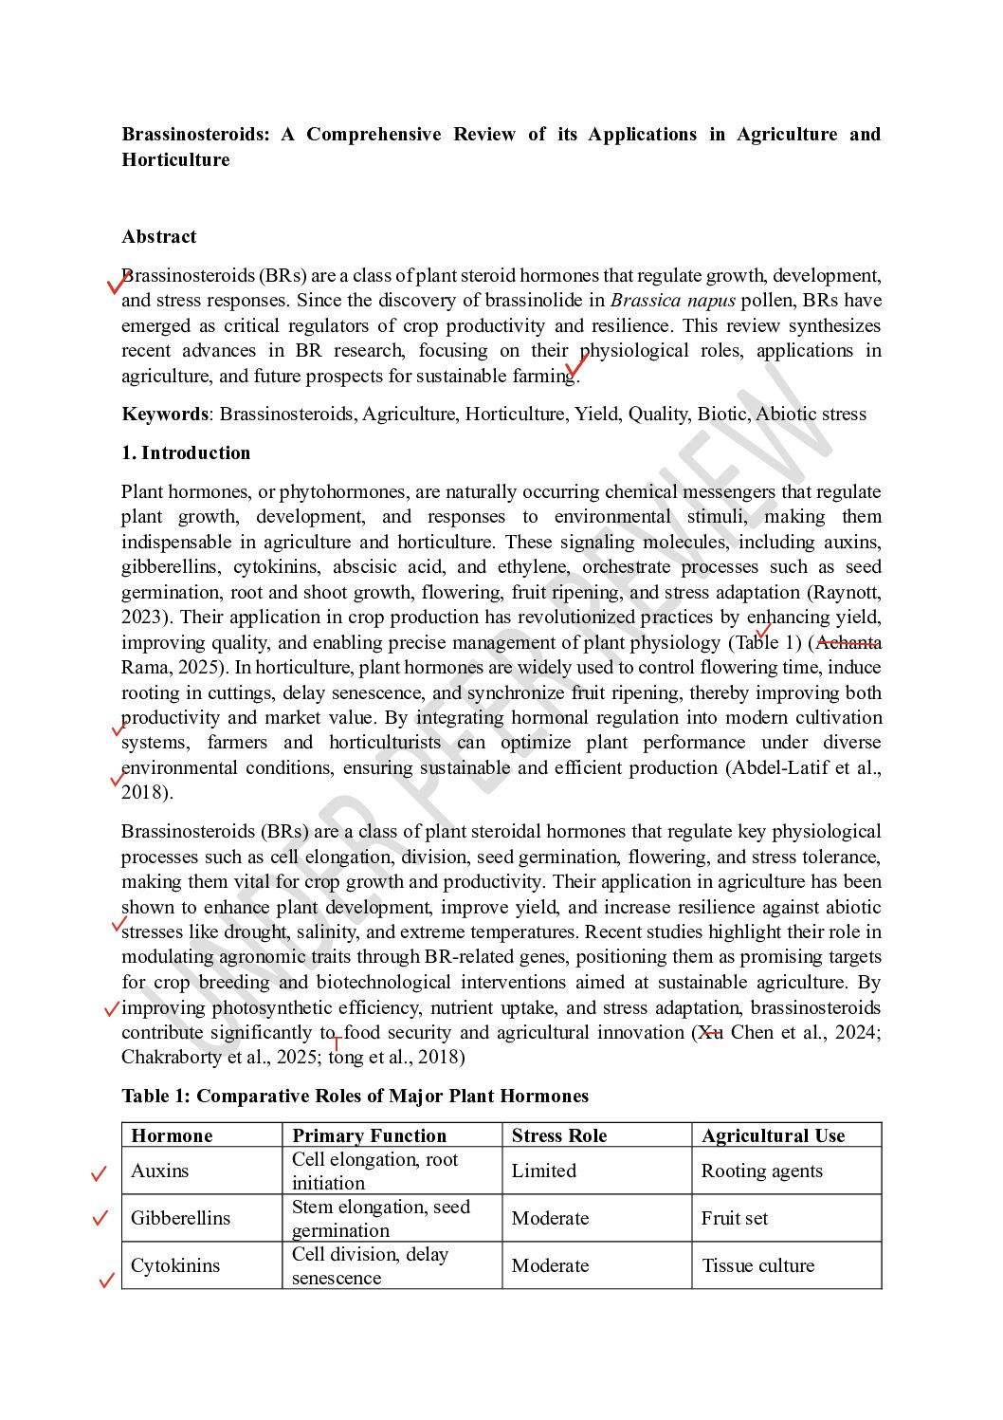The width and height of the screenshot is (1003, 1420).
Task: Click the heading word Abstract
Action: [x=159, y=237]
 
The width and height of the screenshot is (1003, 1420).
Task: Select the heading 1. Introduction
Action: [x=186, y=453]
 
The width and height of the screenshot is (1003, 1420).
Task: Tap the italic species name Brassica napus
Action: [x=673, y=301]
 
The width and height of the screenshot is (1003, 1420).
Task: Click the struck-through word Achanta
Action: [x=848, y=643]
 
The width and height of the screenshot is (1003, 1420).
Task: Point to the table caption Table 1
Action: [x=355, y=1097]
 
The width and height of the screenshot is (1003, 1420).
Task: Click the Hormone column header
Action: [x=172, y=1136]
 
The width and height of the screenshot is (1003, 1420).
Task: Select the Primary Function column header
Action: [x=369, y=1136]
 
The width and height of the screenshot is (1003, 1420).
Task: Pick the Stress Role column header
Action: [x=559, y=1136]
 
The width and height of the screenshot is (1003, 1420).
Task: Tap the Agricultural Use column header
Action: [x=773, y=1136]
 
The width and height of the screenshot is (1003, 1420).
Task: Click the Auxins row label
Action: [x=160, y=1171]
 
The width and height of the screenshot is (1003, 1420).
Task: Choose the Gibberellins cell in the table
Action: [x=180, y=1219]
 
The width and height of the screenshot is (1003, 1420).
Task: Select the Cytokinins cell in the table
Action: [x=175, y=1266]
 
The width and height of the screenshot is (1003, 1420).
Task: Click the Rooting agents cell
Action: [x=762, y=1171]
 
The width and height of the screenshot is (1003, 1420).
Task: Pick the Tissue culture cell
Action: [x=758, y=1266]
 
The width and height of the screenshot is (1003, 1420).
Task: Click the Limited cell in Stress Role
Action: [x=544, y=1171]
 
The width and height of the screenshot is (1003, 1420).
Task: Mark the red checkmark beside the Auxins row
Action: [x=99, y=1174]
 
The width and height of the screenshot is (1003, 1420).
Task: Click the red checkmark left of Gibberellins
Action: [x=100, y=1218]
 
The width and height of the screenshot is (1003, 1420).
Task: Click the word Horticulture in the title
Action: [x=176, y=160]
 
